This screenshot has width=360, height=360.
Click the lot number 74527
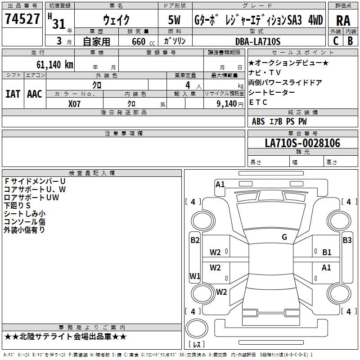[22, 19]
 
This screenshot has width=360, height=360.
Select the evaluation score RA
[343, 21]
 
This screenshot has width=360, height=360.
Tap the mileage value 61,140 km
[51, 64]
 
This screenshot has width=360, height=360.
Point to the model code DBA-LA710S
[258, 41]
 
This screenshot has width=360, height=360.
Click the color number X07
[75, 103]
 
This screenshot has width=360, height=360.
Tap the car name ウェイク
[116, 20]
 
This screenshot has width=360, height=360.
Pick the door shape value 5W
[175, 20]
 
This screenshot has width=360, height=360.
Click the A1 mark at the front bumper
[220, 184]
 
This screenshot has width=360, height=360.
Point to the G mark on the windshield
[284, 237]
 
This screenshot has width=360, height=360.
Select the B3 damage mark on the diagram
[347, 240]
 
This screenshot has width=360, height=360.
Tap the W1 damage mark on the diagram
[194, 276]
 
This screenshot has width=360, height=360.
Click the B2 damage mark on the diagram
[194, 240]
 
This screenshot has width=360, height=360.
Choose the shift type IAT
[13, 94]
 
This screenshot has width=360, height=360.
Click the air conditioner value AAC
[35, 94]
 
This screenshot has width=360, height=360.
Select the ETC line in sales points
[258, 102]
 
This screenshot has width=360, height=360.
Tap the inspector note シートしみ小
[25, 213]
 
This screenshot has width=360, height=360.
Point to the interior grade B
[351, 40]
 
